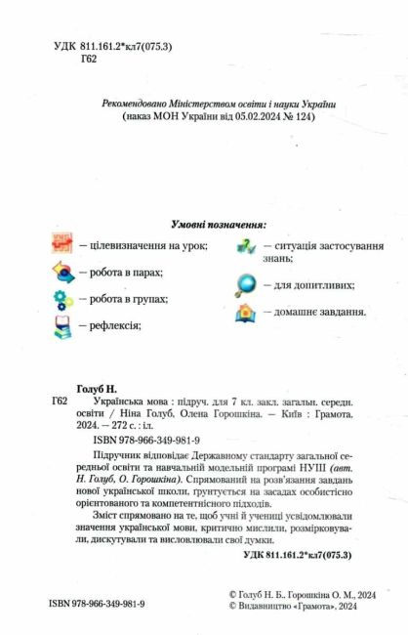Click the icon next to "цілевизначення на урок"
click(x=62, y=246)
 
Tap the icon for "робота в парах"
click(x=62, y=273)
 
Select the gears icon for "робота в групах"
click(x=62, y=299)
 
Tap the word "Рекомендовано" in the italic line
click(x=139, y=103)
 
